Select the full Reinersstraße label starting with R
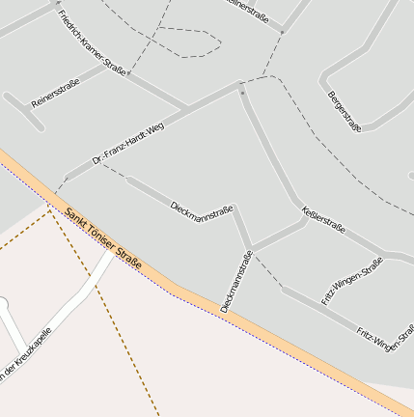(55, 91)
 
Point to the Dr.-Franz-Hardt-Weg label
(130, 145)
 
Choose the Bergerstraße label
(345, 112)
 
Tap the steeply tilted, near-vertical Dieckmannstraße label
(235, 281)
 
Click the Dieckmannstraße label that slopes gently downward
(202, 209)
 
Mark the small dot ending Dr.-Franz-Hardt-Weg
(241, 93)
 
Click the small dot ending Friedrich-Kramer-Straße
(128, 72)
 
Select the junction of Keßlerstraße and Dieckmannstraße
(252, 247)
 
